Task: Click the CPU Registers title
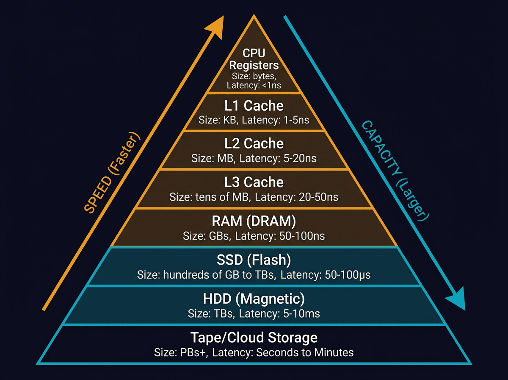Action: [x=254, y=59]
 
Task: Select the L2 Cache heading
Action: [x=254, y=143]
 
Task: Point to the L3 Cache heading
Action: [x=254, y=182]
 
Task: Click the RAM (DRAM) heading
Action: [x=254, y=221]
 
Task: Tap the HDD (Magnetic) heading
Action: [x=254, y=299]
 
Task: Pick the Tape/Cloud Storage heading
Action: [x=254, y=338]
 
